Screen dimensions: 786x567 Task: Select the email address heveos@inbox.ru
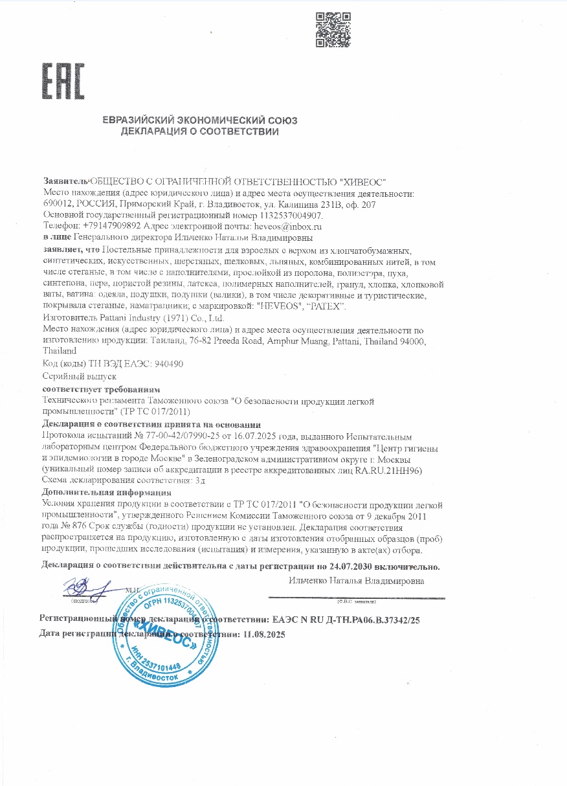(x=289, y=227)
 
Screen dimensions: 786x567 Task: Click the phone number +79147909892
(x=112, y=227)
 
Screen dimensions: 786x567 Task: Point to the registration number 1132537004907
(x=290, y=216)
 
